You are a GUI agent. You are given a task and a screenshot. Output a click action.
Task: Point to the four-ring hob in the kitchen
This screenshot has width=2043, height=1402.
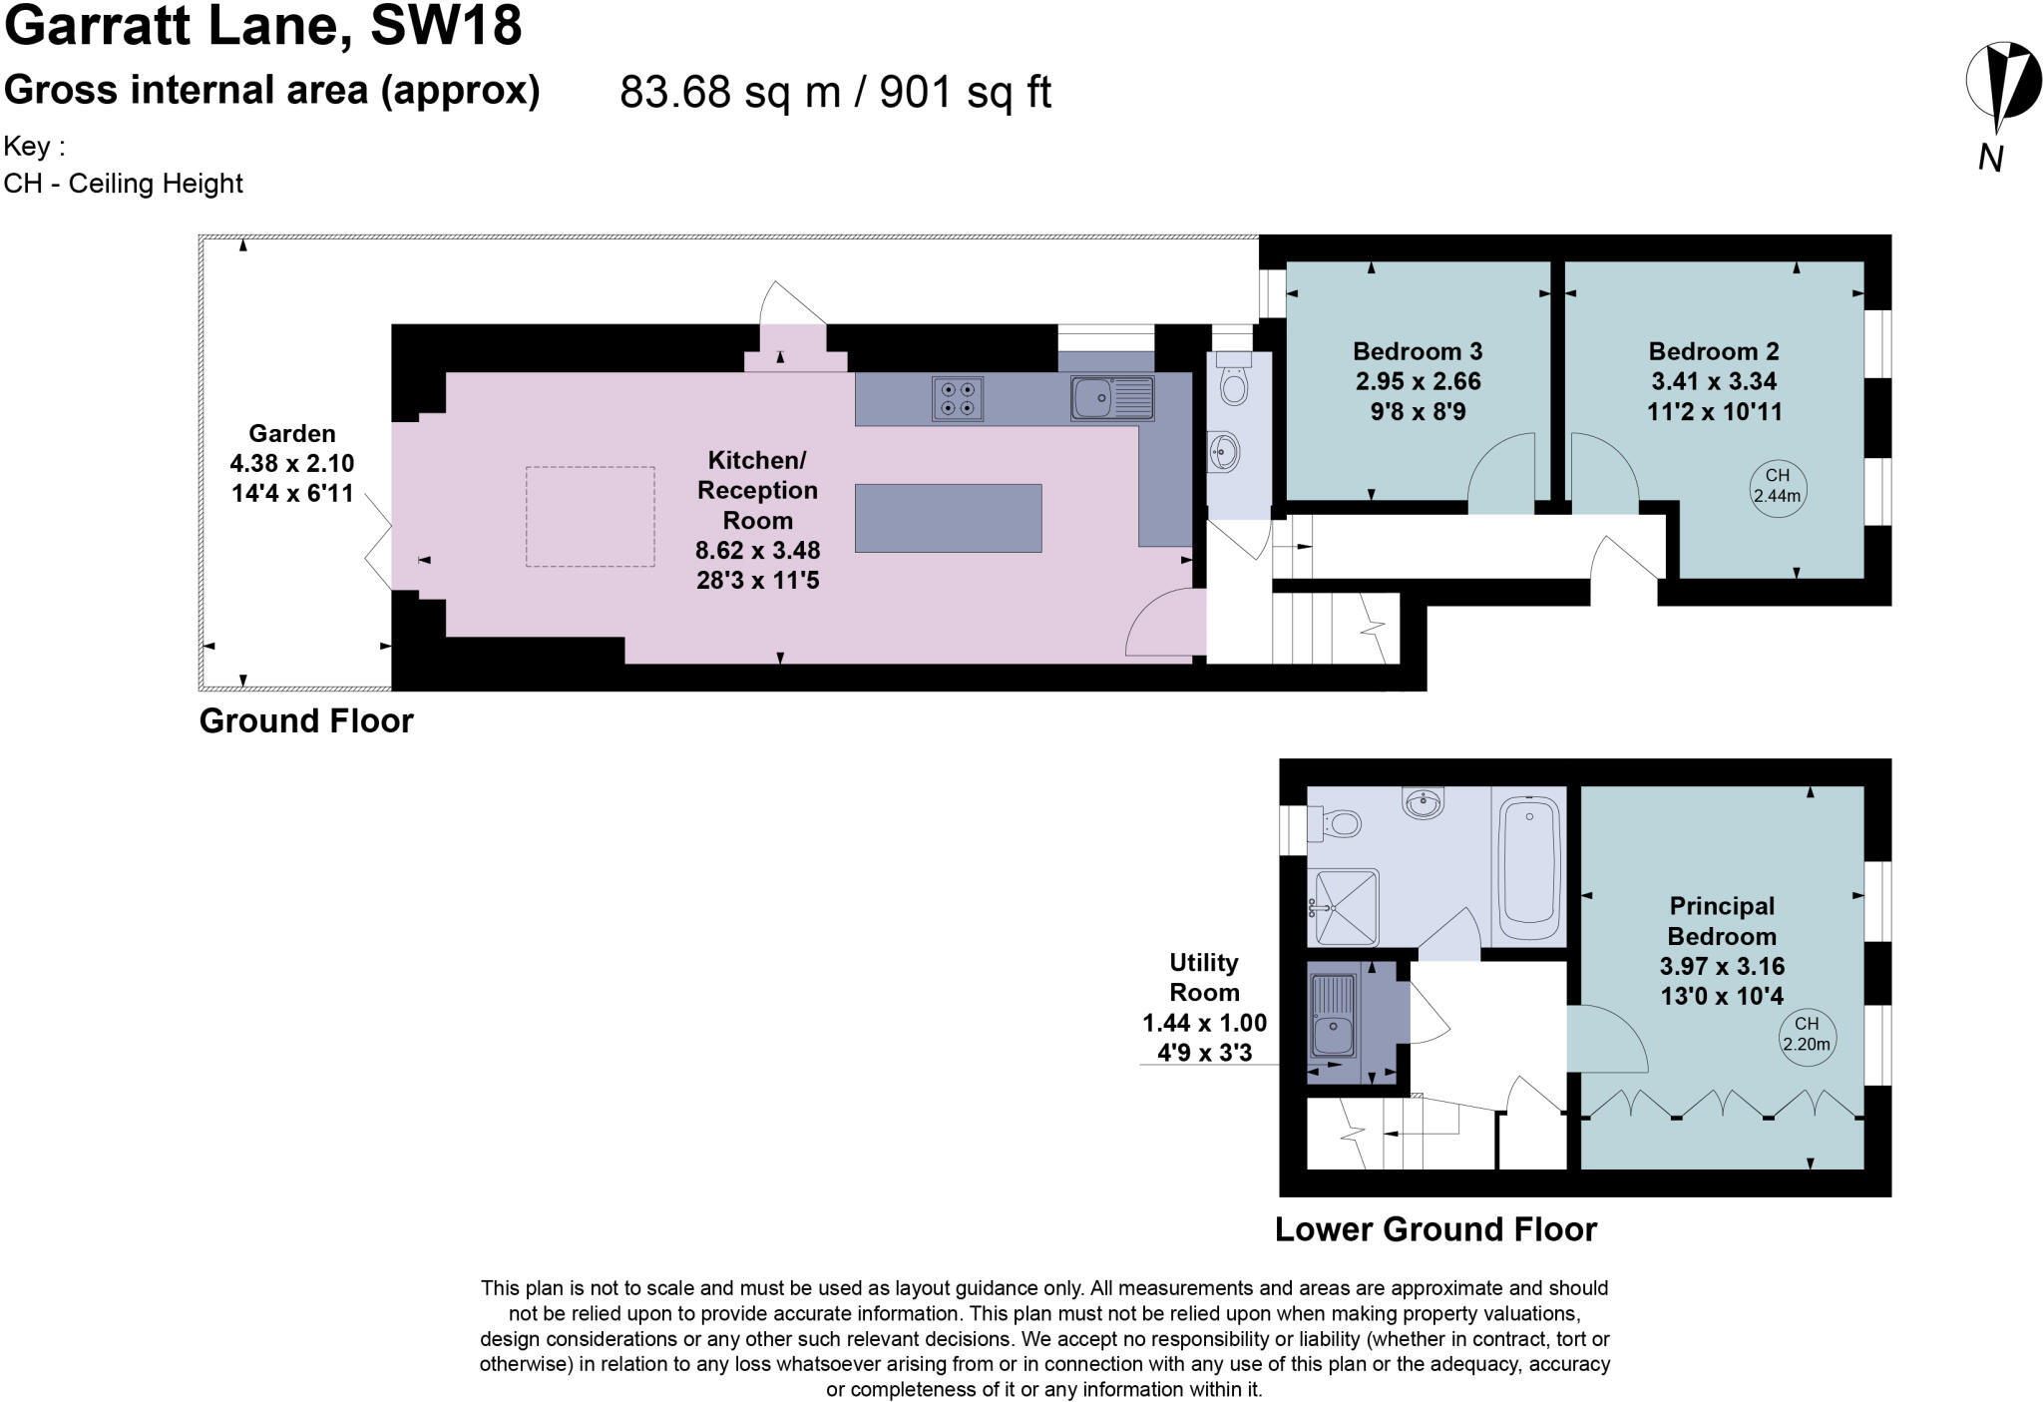[958, 398]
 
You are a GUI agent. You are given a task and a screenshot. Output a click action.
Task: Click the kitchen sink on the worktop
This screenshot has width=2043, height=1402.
[1111, 398]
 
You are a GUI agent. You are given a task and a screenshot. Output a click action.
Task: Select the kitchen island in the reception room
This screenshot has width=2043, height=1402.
[948, 518]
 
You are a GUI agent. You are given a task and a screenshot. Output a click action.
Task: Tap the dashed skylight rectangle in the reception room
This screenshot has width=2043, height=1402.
[591, 517]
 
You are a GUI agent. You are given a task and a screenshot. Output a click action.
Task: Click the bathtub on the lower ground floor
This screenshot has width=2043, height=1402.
[1530, 864]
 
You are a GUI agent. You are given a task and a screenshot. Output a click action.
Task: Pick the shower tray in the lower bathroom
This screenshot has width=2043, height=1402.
[1344, 907]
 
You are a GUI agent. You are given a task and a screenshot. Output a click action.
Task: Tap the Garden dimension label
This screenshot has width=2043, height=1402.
[292, 464]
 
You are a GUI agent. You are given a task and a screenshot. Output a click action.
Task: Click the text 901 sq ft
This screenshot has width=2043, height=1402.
[965, 93]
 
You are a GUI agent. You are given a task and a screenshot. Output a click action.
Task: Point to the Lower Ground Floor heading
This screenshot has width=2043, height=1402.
[1435, 1229]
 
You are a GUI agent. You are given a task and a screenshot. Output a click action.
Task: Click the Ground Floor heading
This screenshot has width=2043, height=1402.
[306, 721]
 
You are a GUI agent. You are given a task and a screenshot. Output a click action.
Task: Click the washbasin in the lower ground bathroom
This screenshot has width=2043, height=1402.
[1423, 802]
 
